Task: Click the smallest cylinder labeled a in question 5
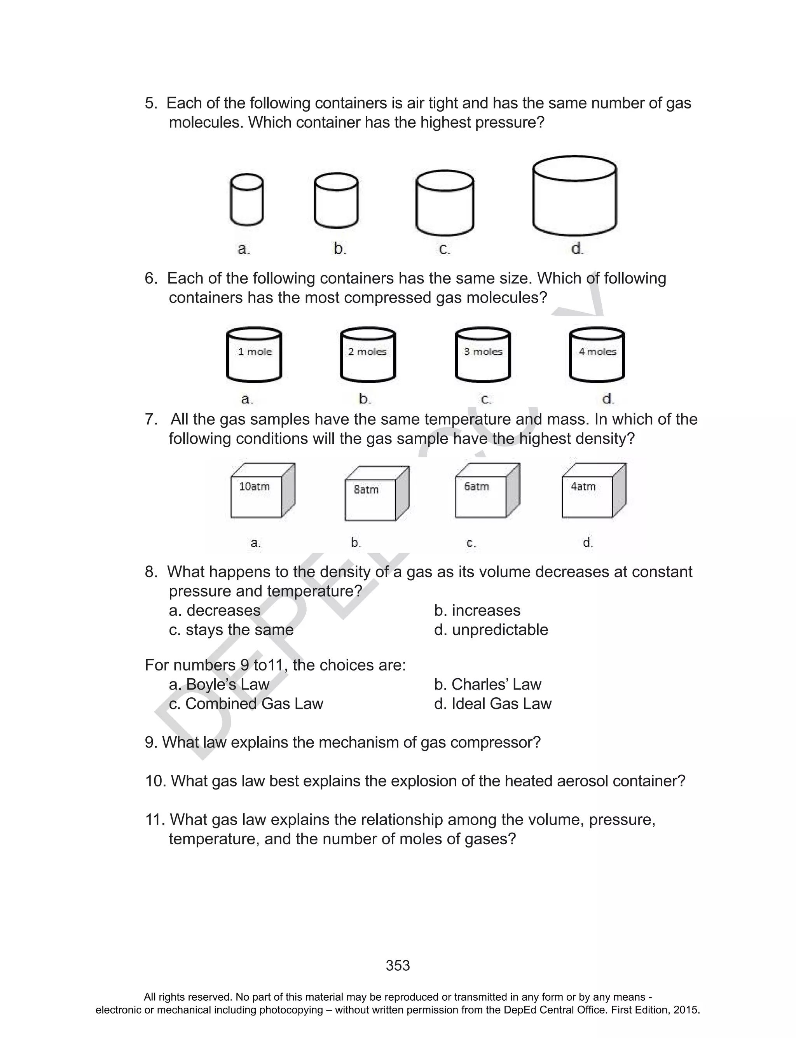[x=246, y=200]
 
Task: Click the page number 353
[x=398, y=966]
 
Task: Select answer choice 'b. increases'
[x=477, y=611]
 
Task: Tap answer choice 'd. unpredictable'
[x=491, y=630]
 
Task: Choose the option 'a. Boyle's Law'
[x=219, y=684]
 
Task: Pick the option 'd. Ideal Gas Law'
[x=493, y=704]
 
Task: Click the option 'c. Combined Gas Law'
[x=246, y=704]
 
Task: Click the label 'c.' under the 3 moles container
[x=486, y=399]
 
